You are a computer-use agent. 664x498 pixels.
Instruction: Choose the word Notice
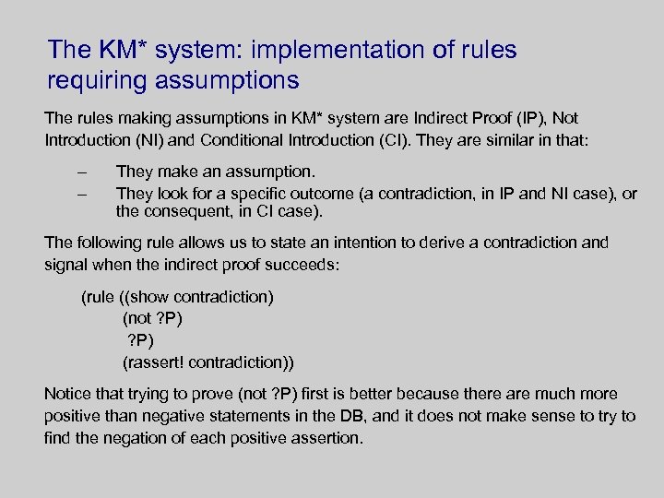67,394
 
